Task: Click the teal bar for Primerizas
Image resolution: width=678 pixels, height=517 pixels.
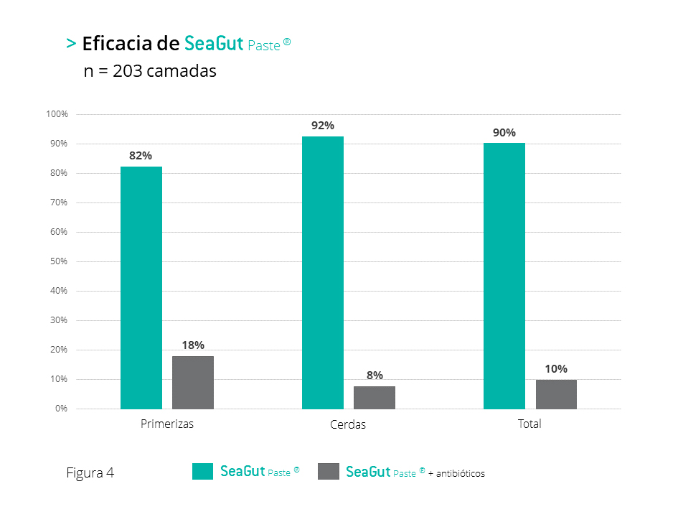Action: coord(141,287)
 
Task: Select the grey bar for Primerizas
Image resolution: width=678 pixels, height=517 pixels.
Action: coord(193,382)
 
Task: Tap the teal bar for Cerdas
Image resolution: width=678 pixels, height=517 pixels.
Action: coord(323,273)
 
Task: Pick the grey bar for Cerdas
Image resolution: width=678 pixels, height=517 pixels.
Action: coord(375,397)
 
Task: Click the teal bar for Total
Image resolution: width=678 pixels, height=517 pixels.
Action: coord(504,276)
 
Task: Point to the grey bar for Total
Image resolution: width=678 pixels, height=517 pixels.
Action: coord(556,394)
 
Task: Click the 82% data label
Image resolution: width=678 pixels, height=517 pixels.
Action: coord(141,156)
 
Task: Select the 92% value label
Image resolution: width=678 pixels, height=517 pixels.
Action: coord(323,126)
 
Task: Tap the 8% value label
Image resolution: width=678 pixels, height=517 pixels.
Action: coord(375,375)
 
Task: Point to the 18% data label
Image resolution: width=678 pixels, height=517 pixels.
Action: coord(193,345)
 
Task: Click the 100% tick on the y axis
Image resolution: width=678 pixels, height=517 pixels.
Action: coord(57,114)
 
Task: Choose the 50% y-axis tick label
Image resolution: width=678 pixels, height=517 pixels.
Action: coord(58,261)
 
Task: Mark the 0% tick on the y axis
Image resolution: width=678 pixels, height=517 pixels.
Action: coord(61,409)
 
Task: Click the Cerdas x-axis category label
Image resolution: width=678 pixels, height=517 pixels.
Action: coord(348,424)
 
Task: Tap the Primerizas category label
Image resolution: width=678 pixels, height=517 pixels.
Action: coord(167,424)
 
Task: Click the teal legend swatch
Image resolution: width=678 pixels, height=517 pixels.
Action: coord(203,471)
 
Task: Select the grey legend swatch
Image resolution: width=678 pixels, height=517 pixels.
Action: coord(328,471)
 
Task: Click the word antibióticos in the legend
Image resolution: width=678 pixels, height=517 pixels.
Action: coord(460,474)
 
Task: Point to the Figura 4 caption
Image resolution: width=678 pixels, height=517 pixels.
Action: coord(90,472)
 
